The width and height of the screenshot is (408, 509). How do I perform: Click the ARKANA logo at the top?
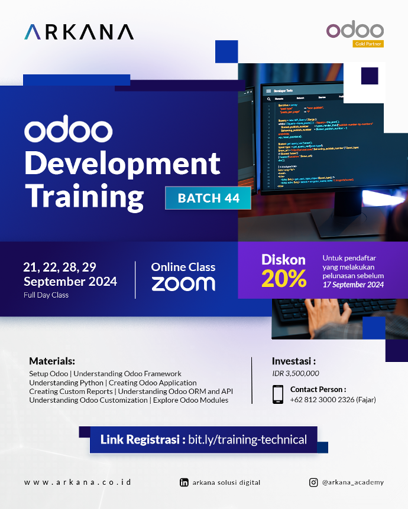tap(79, 32)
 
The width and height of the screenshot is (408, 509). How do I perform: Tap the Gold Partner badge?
tap(368, 44)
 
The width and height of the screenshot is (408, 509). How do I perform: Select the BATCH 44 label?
tap(208, 198)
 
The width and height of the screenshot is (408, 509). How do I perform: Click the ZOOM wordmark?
tap(183, 283)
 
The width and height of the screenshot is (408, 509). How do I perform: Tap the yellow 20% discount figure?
tap(284, 278)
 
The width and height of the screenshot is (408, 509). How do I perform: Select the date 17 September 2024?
tap(353, 285)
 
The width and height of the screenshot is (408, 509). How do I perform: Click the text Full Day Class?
tap(46, 295)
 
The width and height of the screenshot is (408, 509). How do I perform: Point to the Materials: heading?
tap(52, 361)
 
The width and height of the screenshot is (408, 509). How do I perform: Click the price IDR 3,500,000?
tap(296, 373)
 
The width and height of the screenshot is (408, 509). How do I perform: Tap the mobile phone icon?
tap(278, 394)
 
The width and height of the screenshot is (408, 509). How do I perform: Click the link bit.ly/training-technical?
tap(247, 440)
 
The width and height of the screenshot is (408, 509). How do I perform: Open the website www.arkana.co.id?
tap(77, 482)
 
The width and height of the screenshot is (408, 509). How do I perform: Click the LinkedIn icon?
tap(184, 482)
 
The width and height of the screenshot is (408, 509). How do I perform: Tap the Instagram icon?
tap(313, 482)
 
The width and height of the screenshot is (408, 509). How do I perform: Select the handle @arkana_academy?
tap(352, 482)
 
